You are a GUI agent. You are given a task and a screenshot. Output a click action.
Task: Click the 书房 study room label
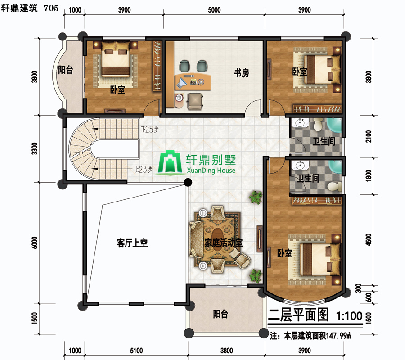(242, 73)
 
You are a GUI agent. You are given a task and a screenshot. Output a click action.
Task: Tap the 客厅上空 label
(132, 243)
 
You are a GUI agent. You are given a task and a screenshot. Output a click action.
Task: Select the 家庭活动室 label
(223, 243)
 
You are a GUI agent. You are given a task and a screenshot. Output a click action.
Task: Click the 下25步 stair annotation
(150, 129)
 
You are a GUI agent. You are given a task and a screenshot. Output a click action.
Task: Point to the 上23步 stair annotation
(144, 169)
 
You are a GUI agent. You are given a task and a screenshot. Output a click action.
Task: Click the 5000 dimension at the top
(214, 10)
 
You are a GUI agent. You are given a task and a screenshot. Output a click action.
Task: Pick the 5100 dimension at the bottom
(136, 351)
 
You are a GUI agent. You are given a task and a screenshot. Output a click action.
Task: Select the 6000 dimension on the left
(34, 243)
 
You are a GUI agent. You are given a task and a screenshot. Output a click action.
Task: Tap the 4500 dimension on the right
(369, 240)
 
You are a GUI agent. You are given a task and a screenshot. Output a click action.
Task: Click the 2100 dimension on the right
(369, 136)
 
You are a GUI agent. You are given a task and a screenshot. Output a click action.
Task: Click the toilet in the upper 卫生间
(318, 125)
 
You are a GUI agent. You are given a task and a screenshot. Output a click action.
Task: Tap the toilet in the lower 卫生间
(334, 186)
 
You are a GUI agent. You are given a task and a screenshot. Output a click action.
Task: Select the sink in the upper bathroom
(300, 123)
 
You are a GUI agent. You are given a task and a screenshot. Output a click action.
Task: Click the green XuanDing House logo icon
(170, 162)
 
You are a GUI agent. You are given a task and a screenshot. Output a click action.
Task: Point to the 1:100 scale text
(349, 315)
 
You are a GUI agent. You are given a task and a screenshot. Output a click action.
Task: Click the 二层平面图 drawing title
(298, 315)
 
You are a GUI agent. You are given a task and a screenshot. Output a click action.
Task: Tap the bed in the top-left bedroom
(115, 60)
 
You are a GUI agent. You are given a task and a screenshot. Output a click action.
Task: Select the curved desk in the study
(193, 82)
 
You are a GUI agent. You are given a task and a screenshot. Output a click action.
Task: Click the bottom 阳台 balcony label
(220, 314)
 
